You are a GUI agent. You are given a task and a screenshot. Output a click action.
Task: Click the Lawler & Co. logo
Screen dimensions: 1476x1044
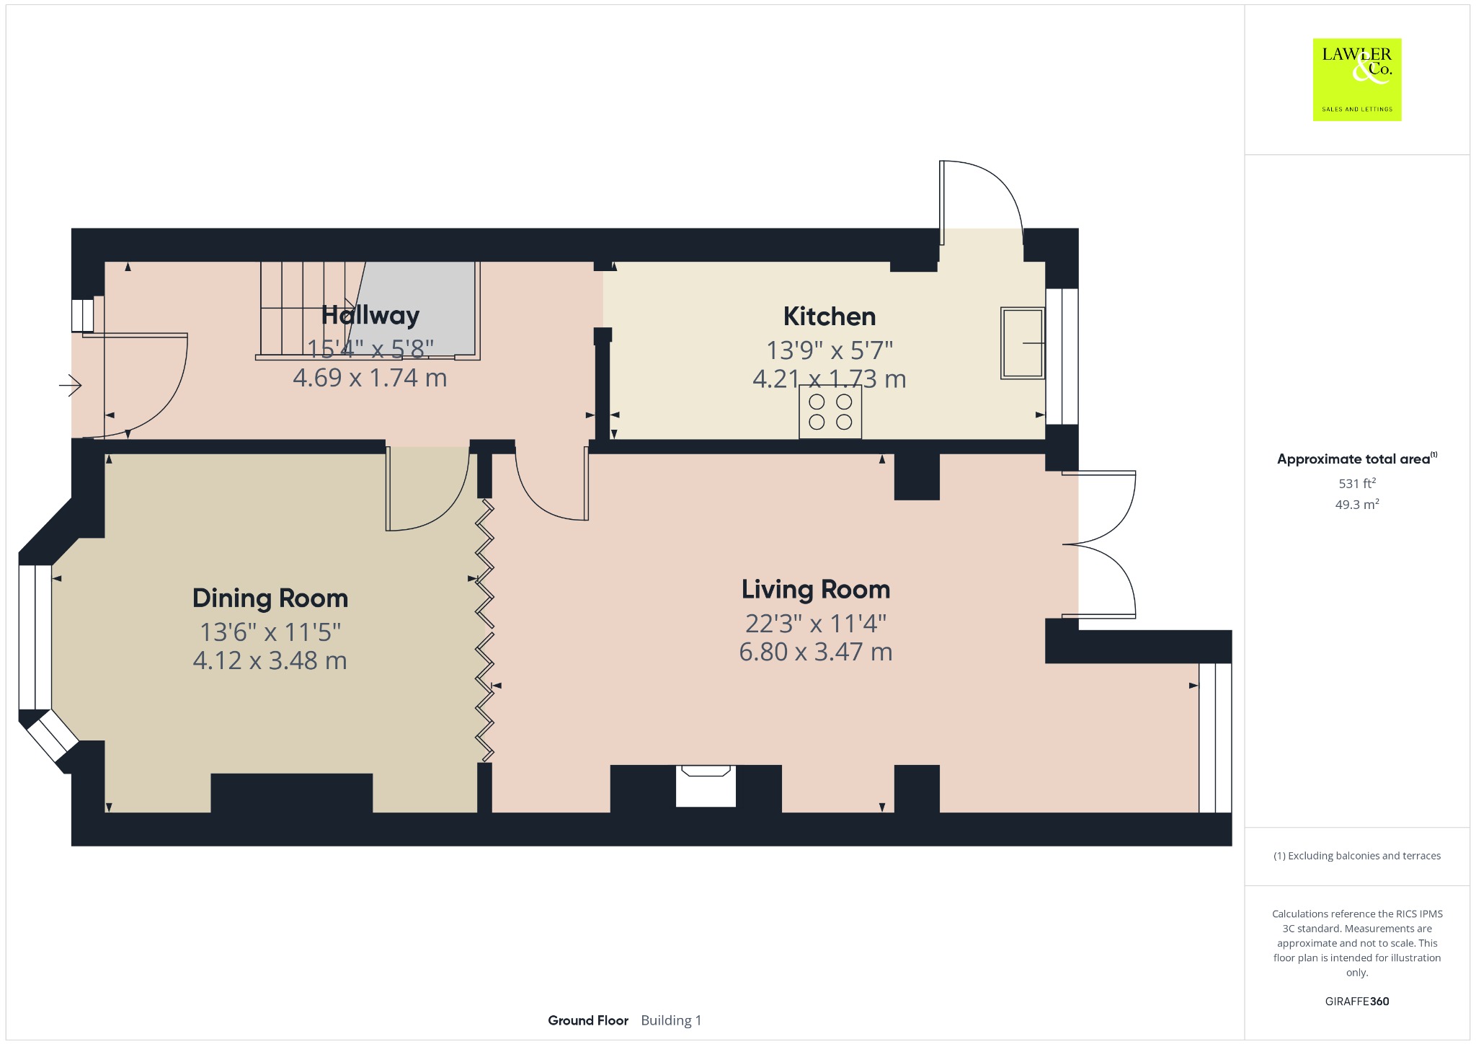[x=1356, y=79]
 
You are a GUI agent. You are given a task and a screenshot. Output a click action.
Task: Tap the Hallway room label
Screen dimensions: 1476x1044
[x=370, y=315]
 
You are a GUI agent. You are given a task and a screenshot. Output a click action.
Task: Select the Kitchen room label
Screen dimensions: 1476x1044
[x=830, y=317]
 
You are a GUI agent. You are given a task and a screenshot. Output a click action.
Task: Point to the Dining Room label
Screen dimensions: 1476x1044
[x=270, y=598]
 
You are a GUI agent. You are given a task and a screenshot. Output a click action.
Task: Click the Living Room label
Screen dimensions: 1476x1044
[x=816, y=590]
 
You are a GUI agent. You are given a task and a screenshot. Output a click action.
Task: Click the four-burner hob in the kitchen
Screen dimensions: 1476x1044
[x=830, y=412]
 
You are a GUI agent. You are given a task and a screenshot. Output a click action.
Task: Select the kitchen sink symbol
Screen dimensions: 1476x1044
[x=1023, y=343]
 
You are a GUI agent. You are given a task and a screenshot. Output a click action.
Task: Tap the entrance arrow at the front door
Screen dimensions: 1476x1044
[x=70, y=386]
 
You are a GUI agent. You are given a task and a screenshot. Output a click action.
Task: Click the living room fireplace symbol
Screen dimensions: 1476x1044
[x=706, y=786]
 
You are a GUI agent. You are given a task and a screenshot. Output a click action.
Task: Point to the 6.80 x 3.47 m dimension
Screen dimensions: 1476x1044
[x=816, y=652]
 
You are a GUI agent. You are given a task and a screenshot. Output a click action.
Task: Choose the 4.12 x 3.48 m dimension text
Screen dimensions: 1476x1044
[x=270, y=660]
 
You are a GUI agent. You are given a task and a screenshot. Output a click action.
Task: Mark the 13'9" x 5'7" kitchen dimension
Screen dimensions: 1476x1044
[x=830, y=350]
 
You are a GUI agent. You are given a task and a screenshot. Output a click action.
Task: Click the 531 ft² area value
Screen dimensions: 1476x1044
[x=1357, y=483]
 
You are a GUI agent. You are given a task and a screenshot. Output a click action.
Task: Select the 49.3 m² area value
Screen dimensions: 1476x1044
[x=1357, y=504]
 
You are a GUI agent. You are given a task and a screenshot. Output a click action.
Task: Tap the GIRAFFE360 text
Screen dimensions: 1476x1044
[x=1357, y=1001]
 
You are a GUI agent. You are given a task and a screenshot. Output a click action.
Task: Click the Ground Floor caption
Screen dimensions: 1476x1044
[x=588, y=1020]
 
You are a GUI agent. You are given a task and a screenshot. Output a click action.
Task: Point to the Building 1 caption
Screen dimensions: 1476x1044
[x=671, y=1020]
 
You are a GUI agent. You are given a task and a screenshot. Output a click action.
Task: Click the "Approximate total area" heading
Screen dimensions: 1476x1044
[x=1353, y=459]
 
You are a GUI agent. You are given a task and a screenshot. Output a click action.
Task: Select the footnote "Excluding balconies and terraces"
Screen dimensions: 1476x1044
[x=1364, y=856]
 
